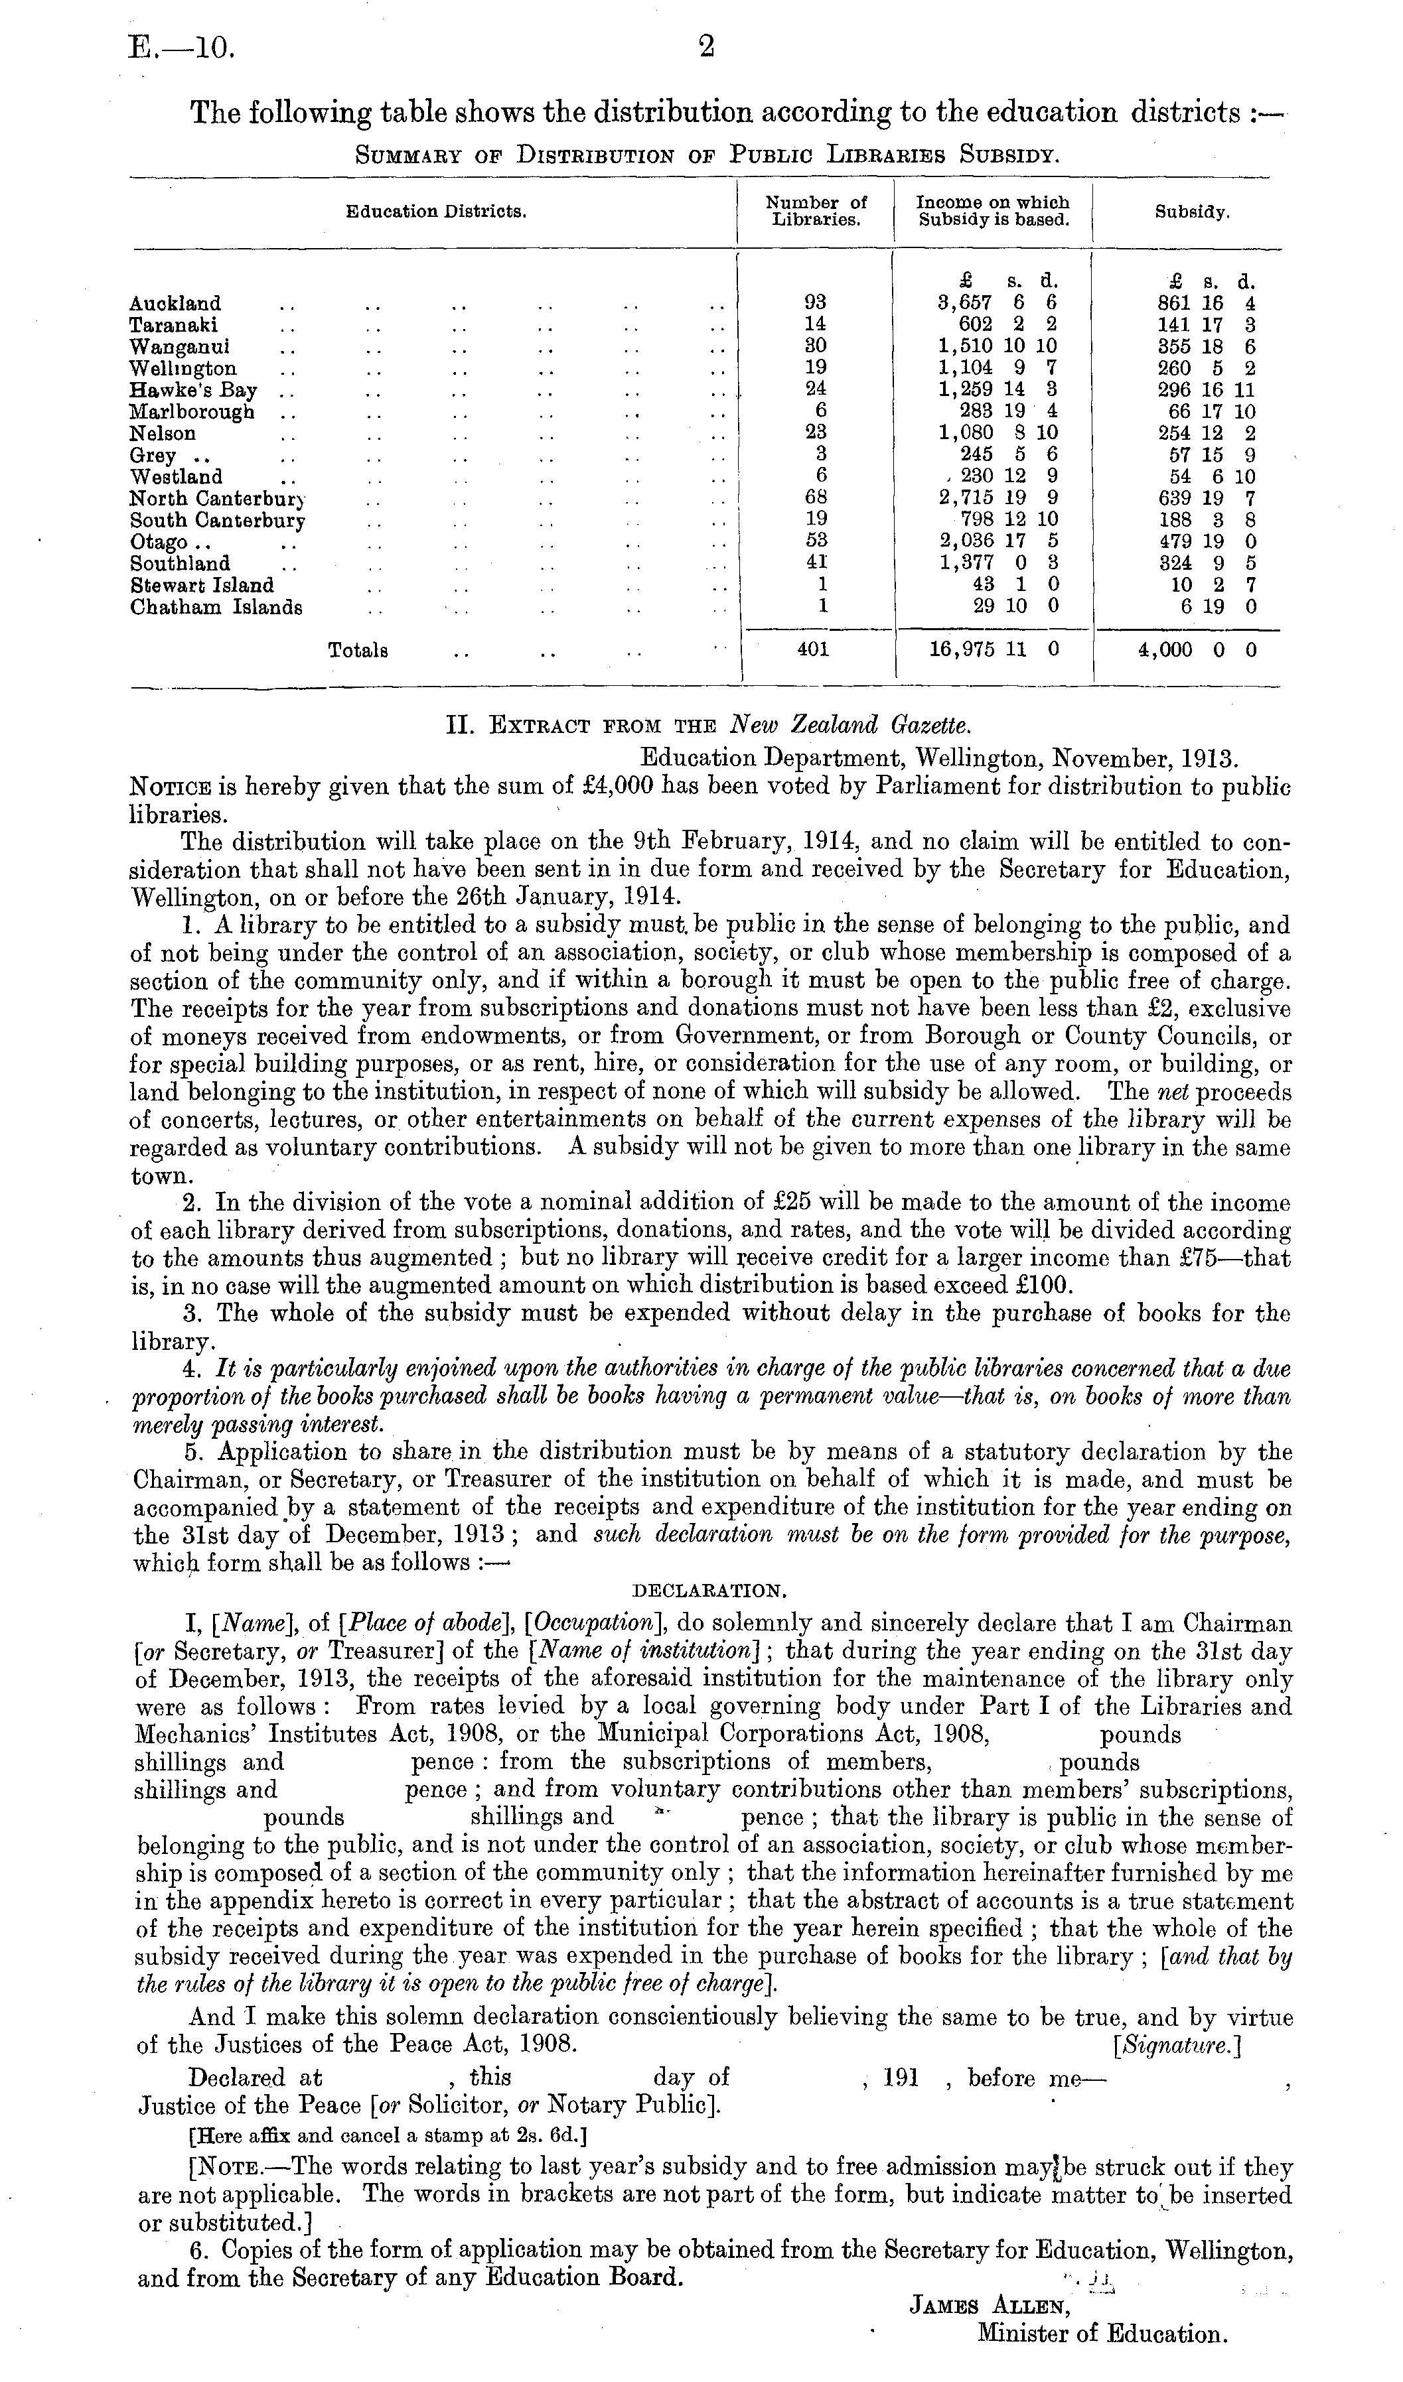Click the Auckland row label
pos(176,303)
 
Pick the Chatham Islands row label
pos(216,608)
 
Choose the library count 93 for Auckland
pos(815,302)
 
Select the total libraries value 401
pos(813,650)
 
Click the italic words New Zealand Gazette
pos(851,726)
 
